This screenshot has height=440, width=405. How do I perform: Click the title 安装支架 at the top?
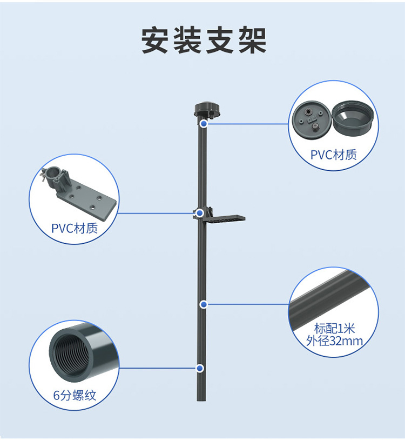(x=204, y=39)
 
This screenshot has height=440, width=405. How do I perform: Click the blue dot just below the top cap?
(x=204, y=124)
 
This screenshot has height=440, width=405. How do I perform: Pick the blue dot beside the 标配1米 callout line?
(x=204, y=304)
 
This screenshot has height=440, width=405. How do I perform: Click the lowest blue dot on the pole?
(x=200, y=368)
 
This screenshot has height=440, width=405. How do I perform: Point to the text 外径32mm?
(x=334, y=341)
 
